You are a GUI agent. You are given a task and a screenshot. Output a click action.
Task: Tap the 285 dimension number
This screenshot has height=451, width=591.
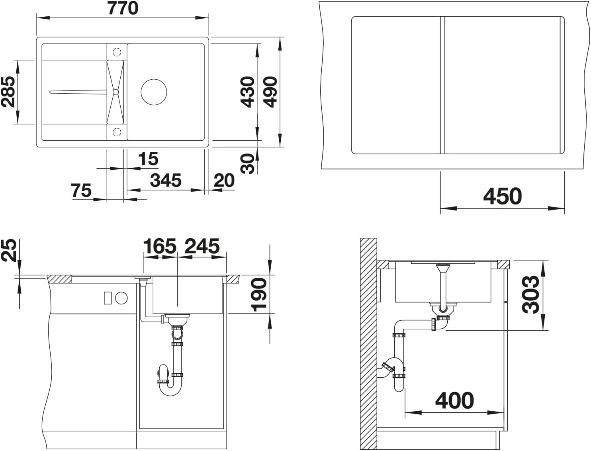pos(8,92)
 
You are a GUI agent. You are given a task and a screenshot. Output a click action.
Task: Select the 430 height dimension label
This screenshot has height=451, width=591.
pos(247,92)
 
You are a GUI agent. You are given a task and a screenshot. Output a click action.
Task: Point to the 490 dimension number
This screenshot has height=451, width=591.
pos(270,92)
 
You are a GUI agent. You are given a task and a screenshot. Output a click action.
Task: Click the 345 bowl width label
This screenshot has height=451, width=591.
pos(166,180)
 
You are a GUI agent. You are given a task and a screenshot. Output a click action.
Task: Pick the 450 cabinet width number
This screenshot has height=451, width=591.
pos(503,196)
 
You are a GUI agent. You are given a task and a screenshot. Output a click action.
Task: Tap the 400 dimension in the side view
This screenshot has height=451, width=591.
pos(454,400)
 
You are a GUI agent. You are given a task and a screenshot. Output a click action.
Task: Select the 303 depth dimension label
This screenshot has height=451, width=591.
pos(530,294)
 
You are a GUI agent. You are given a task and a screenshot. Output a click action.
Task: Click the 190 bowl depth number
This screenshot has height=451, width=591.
pos(259,295)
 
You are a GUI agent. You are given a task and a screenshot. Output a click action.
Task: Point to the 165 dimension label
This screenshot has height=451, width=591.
pos(160,246)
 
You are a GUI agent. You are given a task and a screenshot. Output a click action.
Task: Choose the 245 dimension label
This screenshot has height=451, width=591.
pos(202,246)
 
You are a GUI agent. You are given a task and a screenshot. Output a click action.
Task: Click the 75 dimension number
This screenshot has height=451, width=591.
pos(81,190)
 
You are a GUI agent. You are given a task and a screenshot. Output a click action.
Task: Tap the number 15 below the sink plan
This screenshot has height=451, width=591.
pos(149,159)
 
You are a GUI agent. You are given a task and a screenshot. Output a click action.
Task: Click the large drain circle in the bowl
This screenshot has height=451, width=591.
pos(154,92)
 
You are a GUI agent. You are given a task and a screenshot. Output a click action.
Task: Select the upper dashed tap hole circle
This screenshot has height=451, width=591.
pos(117,52)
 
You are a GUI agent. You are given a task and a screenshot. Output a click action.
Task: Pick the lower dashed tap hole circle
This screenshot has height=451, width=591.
pos(117,132)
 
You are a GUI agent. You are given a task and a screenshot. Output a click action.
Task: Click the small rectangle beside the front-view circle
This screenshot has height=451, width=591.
pos(108,298)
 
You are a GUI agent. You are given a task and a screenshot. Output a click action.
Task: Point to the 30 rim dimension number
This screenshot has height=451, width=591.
pos(247,164)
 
